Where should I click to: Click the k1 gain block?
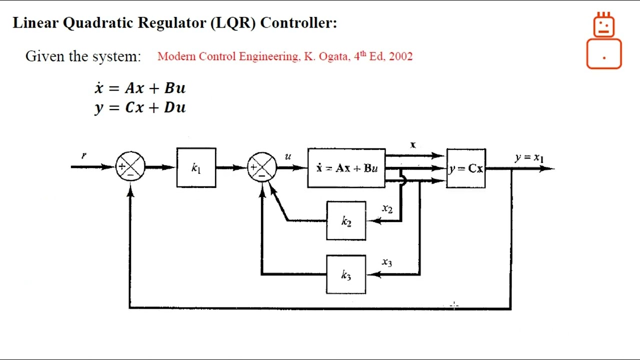[x=196, y=168]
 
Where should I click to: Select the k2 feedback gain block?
[x=346, y=221]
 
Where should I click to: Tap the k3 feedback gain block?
[x=346, y=274]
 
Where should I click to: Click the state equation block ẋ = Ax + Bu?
[x=346, y=168]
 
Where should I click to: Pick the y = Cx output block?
[x=466, y=168]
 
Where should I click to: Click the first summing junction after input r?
[x=130, y=167]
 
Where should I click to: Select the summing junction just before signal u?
[x=262, y=167]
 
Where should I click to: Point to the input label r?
[x=83, y=155]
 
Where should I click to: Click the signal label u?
[x=288, y=156]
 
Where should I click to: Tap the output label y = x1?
[x=529, y=157]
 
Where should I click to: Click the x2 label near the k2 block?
[x=387, y=208]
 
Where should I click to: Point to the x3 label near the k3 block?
[x=387, y=262]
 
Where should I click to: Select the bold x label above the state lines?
[x=413, y=145]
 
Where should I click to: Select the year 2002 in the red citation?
[x=400, y=56]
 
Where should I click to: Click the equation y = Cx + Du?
[x=140, y=107]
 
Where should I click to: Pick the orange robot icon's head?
[x=604, y=25]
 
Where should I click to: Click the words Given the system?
[x=83, y=56]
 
